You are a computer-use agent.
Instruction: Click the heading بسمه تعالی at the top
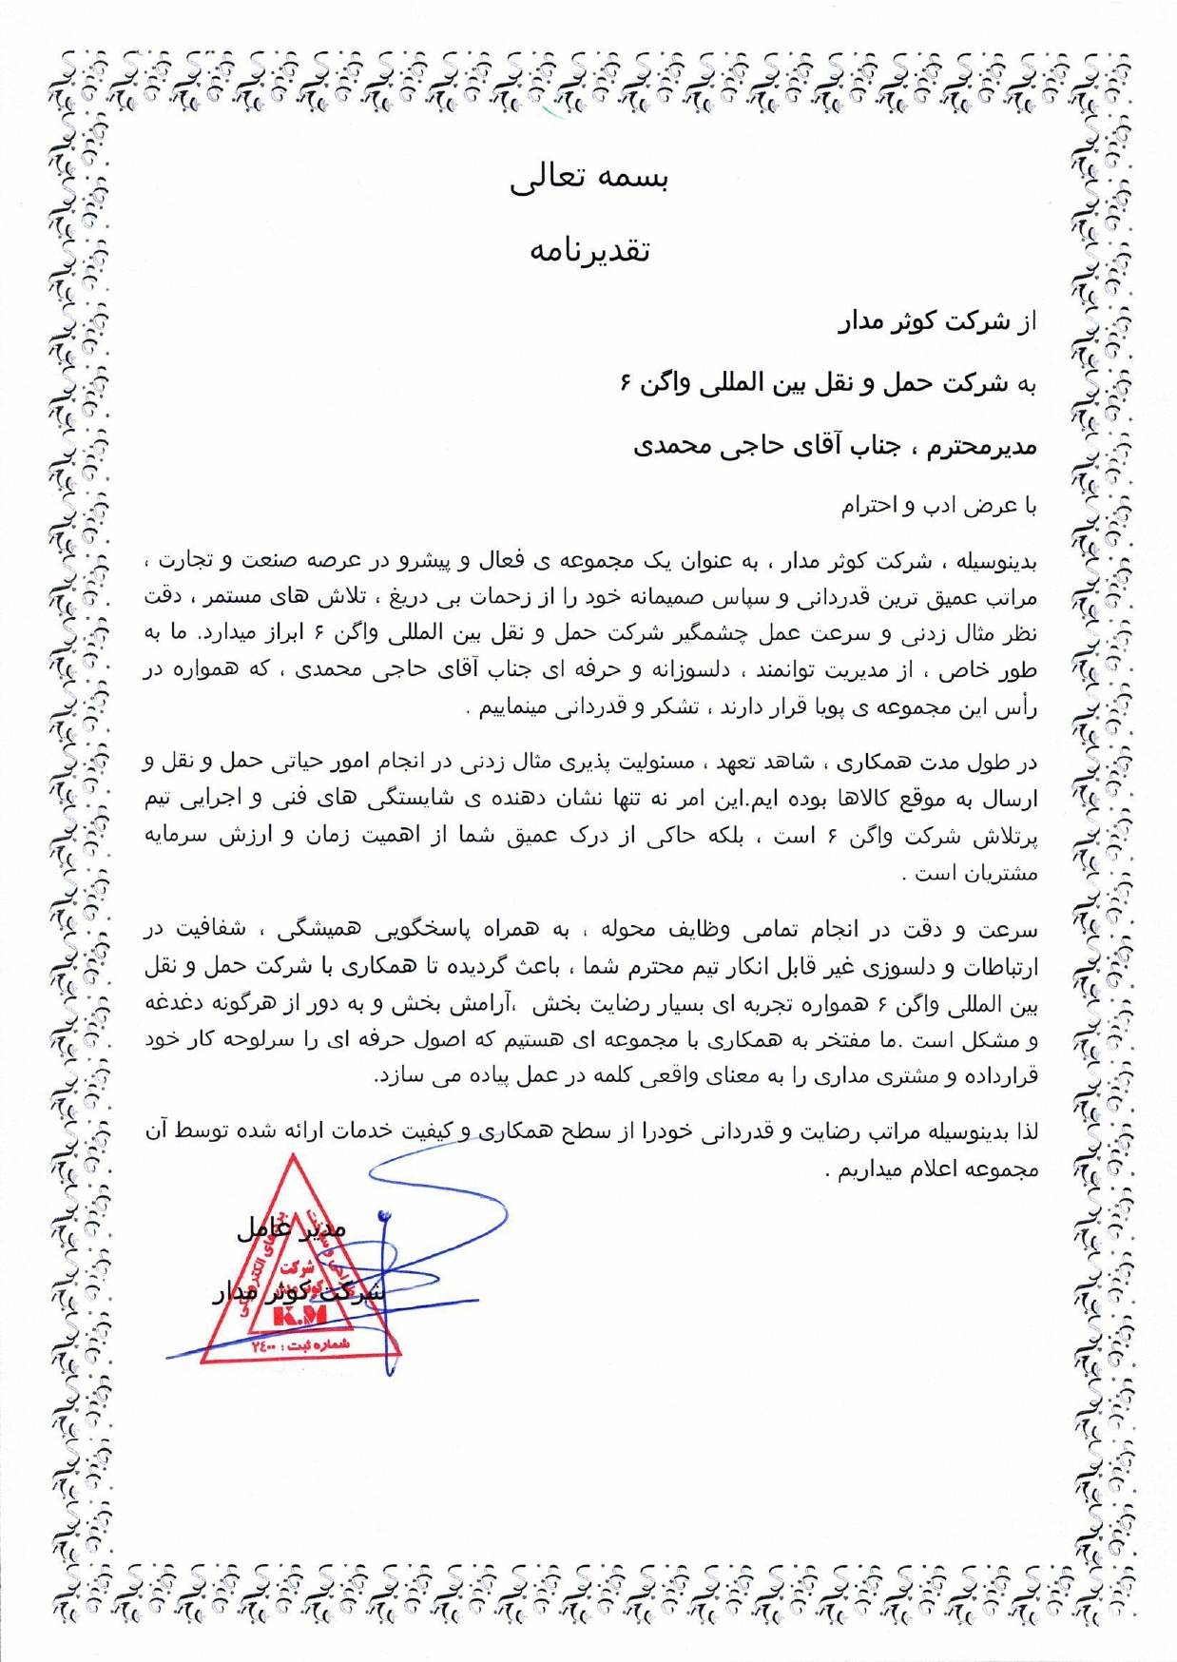point(588,181)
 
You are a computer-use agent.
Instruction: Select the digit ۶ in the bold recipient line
point(626,384)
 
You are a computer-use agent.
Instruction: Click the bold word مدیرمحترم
point(980,446)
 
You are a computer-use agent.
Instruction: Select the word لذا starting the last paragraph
point(1026,1132)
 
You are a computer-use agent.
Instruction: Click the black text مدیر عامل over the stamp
point(291,1228)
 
